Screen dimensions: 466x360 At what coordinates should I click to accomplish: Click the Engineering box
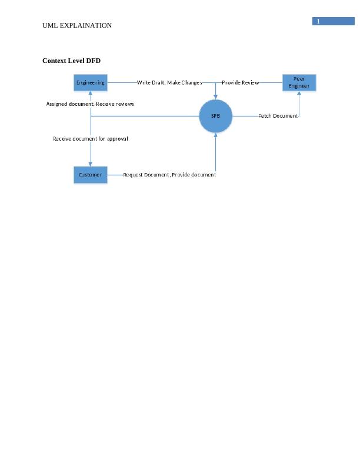point(91,83)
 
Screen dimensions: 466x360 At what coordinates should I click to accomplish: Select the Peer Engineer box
point(299,83)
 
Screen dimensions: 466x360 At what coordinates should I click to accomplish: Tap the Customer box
point(91,175)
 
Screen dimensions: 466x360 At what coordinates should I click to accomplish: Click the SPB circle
point(216,116)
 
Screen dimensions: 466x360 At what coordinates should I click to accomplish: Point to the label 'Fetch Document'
point(278,116)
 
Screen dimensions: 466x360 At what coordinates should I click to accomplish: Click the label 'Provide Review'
point(240,83)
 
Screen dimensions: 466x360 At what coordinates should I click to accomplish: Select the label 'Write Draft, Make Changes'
point(169,83)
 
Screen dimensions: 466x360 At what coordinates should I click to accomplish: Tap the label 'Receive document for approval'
point(91,139)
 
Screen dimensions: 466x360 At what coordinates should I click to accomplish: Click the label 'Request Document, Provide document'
point(169,175)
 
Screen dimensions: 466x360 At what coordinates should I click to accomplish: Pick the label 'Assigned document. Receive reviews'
point(90,104)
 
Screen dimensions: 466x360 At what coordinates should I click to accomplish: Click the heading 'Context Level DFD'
point(71,61)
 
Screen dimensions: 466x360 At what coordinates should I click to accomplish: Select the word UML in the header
point(50,25)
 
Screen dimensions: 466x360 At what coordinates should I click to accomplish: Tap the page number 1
point(318,22)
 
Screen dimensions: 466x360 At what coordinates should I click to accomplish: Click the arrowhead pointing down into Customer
point(91,164)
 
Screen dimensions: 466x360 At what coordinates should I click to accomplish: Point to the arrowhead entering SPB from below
point(216,135)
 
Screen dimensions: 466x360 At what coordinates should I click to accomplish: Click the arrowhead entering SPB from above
point(216,96)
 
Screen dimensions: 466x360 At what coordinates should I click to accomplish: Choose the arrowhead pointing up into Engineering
point(91,94)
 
